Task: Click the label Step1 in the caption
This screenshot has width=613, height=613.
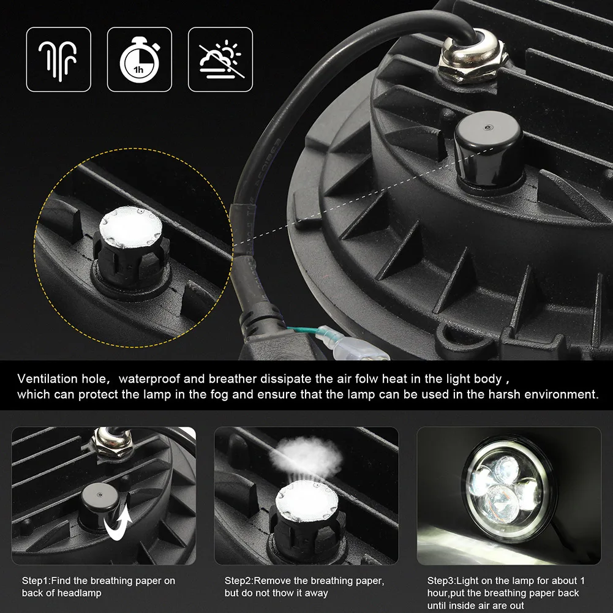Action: pos(36,581)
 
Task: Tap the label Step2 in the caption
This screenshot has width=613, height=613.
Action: pos(238,581)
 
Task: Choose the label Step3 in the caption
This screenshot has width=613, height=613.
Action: pos(441,581)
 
